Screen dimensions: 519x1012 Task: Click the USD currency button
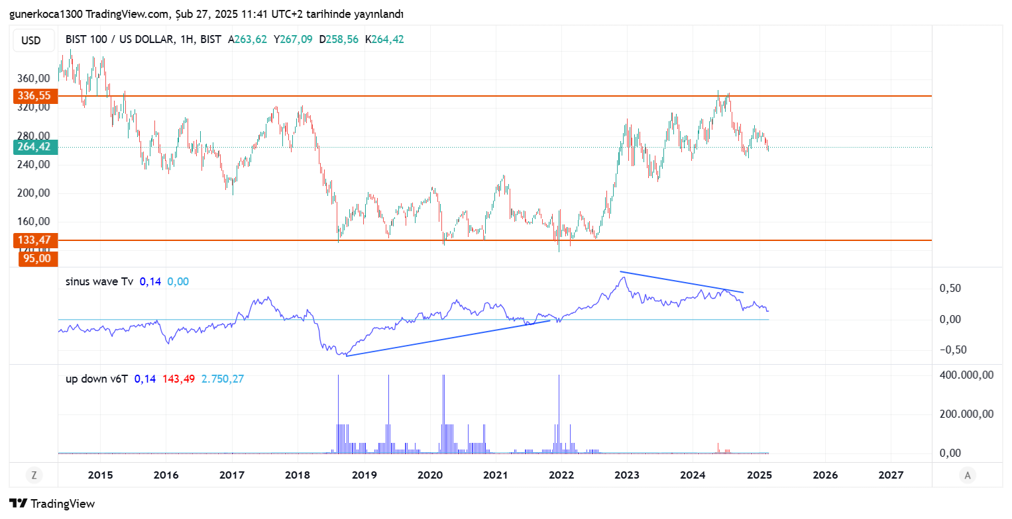[31, 40]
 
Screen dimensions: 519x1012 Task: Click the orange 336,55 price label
[34, 96]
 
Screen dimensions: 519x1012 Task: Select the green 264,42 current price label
[34, 147]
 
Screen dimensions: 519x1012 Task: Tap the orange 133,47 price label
[34, 240]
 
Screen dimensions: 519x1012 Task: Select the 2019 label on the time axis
[364, 475]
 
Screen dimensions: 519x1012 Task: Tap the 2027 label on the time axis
[891, 475]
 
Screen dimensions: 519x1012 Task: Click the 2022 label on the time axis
[561, 475]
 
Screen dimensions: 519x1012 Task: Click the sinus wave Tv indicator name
[99, 281]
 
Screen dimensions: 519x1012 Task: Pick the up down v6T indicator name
[96, 379]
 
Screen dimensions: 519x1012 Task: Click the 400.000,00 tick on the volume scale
[966, 375]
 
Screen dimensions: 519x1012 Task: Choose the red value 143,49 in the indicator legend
[178, 379]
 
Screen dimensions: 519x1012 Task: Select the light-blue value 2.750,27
[223, 379]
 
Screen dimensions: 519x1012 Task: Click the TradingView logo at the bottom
[52, 503]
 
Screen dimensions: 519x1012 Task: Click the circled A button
[968, 475]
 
